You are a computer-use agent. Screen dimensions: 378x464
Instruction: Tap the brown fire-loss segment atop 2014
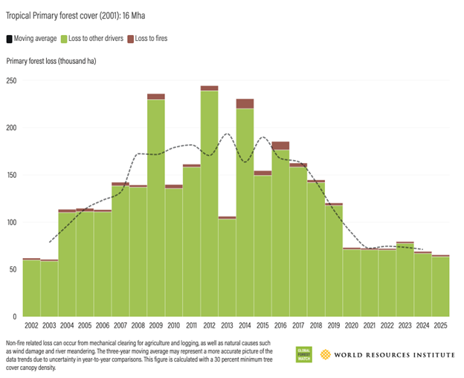[245, 103]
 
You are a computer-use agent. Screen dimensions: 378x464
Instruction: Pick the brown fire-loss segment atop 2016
[280, 145]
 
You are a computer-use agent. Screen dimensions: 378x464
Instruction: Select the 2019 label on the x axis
[333, 326]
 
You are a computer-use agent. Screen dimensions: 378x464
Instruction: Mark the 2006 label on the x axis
[103, 326]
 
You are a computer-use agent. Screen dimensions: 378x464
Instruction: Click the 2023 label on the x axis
[405, 326]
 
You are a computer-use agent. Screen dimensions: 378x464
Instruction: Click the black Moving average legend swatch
[9, 38]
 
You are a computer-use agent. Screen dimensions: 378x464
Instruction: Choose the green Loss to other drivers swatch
[65, 38]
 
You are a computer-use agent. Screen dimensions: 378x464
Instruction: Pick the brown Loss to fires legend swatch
[131, 38]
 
